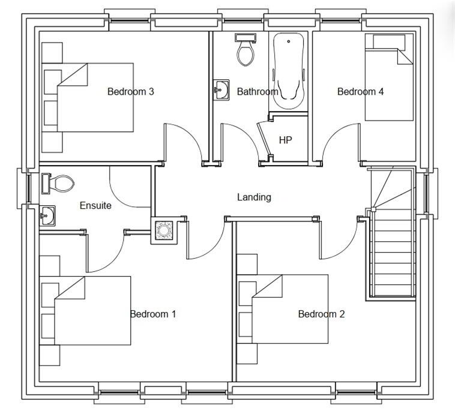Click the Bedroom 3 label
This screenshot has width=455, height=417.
pos(131,92)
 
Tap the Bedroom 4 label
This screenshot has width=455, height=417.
pos(360,92)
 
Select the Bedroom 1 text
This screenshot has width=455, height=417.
pos(153,314)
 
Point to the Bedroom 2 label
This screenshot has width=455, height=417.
pos(322,314)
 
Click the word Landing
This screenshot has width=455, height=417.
pos(254,197)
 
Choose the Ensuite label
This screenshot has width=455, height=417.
pos(95,206)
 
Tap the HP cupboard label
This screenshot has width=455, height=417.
pos(286,140)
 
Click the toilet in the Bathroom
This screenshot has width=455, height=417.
pos(246,50)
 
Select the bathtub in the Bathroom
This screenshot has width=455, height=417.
pos(289,70)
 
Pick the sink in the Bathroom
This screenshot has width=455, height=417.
pos(221,90)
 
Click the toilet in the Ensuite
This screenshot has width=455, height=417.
pos(58,184)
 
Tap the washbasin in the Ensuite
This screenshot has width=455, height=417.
pos(47,216)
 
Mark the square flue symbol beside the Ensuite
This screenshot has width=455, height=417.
pos(164,230)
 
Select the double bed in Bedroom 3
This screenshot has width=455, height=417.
pos(88,97)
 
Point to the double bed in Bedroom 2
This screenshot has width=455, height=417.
pos(283,309)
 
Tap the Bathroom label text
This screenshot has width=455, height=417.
pos(258,92)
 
